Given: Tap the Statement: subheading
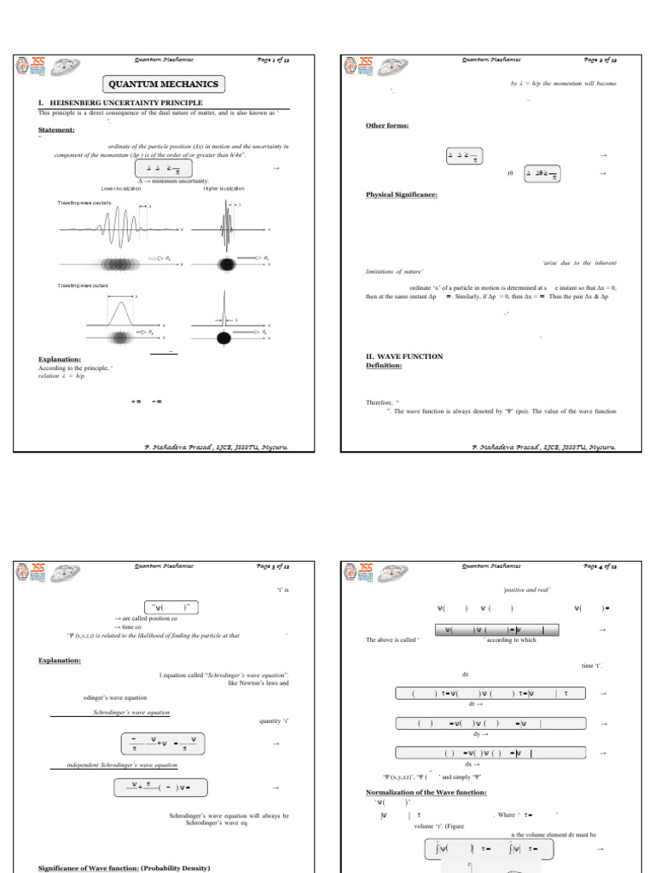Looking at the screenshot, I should (56, 130).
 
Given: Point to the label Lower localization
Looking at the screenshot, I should (125, 188).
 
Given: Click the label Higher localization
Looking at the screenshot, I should (223, 188).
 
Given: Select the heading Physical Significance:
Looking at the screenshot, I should (402, 194).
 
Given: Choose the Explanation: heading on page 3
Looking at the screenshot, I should (60, 660).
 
